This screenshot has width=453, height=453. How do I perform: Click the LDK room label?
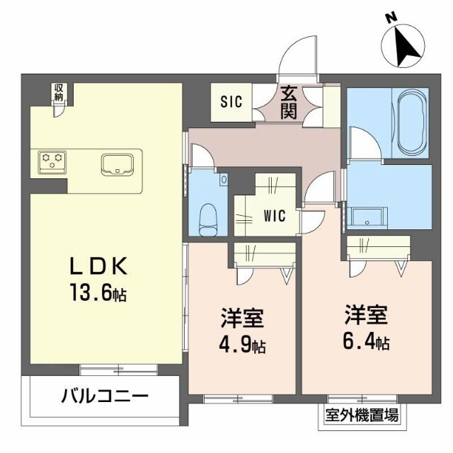click(98, 266)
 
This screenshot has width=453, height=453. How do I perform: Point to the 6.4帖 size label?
click(366, 340)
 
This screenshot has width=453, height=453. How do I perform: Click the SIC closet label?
click(231, 102)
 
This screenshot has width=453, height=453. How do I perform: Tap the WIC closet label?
click(275, 215)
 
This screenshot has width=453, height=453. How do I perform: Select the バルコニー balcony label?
click(105, 396)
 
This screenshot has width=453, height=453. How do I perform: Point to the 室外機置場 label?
click(362, 415)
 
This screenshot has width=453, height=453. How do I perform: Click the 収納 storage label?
click(59, 92)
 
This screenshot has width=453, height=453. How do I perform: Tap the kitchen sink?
click(117, 165)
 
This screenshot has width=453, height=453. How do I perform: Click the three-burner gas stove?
click(52, 162)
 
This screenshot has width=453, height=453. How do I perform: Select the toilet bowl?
click(208, 220)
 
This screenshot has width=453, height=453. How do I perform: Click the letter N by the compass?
click(391, 18)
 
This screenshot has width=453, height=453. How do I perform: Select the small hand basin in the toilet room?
click(224, 179)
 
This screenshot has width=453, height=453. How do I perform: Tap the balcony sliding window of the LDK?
click(118, 369)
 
